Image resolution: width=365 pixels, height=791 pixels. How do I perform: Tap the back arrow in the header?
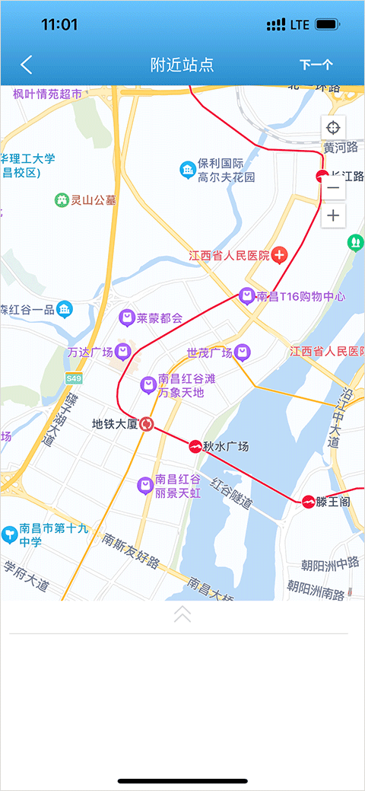(27, 65)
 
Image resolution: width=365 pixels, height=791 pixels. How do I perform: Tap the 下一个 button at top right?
(316, 65)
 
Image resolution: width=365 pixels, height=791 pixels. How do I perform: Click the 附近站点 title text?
(182, 65)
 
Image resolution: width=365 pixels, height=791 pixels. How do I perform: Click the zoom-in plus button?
(333, 216)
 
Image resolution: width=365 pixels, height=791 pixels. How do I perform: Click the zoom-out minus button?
(333, 188)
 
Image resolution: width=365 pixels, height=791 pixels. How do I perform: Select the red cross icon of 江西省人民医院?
(280, 255)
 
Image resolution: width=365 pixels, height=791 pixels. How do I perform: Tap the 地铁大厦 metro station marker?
(148, 424)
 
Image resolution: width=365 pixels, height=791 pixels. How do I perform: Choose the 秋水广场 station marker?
(195, 447)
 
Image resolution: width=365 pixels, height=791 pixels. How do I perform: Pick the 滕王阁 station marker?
(308, 501)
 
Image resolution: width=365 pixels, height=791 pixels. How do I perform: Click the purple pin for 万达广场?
(122, 351)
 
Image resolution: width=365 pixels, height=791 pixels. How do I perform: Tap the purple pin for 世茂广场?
(242, 352)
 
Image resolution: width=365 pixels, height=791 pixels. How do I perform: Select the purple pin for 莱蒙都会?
(127, 317)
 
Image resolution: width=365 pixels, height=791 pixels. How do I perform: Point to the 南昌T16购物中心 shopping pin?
(246, 295)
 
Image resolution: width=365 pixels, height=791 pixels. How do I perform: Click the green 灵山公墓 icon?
(62, 200)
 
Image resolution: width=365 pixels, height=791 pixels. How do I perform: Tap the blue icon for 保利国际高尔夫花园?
(187, 170)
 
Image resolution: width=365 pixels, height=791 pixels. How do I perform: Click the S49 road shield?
(74, 378)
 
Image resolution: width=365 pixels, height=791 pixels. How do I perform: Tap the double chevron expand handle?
(182, 614)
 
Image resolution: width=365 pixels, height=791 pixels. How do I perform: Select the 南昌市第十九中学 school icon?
(9, 534)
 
